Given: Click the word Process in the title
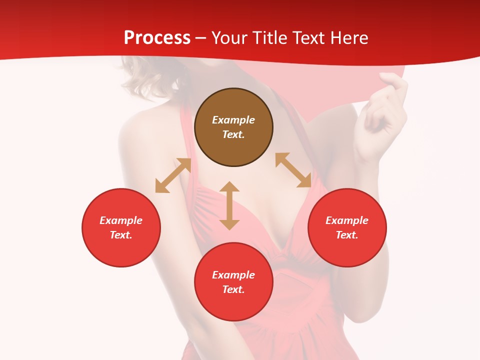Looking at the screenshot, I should pyautogui.click(x=157, y=38).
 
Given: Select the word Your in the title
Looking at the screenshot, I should pyautogui.click(x=228, y=38).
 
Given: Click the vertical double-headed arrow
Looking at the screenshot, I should pyautogui.click(x=229, y=205).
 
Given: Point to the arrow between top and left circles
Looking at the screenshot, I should pyautogui.click(x=173, y=175).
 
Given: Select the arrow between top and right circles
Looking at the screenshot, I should pyautogui.click(x=293, y=170).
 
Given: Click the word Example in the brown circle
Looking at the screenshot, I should pyautogui.click(x=233, y=120).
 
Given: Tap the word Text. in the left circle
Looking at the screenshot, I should pyautogui.click(x=121, y=235).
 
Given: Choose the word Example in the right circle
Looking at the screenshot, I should pyautogui.click(x=347, y=220).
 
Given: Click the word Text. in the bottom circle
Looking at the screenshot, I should pyautogui.click(x=233, y=289).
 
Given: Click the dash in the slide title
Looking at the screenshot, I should pyautogui.click(x=201, y=38).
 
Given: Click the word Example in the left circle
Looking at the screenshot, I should pyautogui.click(x=121, y=220).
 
